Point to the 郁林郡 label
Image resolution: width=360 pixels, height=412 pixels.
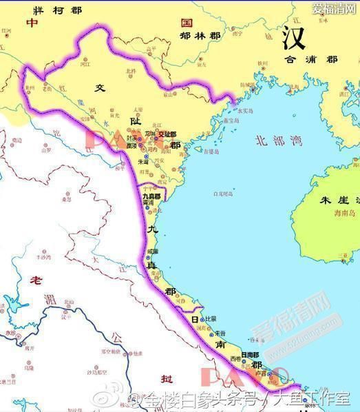coord(200,34)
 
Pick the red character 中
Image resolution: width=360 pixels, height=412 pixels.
coord(32,23)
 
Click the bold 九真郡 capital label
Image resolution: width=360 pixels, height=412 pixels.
coord(151,196)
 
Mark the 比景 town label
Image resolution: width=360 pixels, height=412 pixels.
coord(211,320)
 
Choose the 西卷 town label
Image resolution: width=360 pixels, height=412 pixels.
coord(236,359)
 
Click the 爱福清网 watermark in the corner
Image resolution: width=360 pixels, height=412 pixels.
coord(333,8)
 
